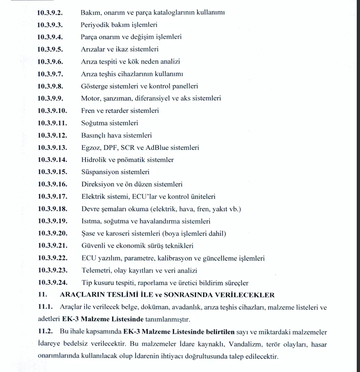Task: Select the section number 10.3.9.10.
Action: pos(53,111)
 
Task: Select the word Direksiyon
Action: pos(98,184)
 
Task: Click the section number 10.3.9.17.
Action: pos(53,196)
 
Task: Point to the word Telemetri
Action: pos(96,270)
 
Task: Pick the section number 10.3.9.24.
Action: pos(53,283)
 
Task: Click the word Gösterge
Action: pos(95,86)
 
